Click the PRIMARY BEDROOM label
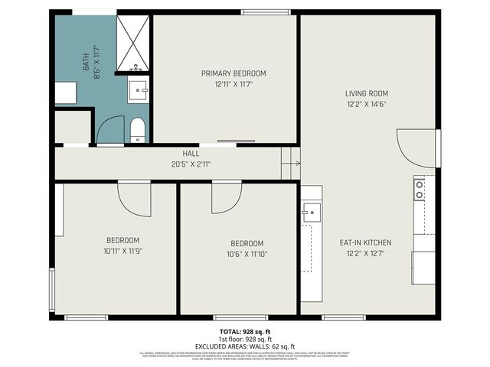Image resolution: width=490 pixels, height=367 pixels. click(234, 73)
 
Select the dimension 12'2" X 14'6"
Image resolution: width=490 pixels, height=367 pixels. click(366, 104)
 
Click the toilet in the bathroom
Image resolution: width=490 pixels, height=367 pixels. click(138, 130)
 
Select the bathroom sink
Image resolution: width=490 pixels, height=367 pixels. click(139, 89)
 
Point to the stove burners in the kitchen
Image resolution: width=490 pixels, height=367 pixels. click(419, 188)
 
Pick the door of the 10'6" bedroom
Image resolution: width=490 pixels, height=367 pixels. click(225, 197)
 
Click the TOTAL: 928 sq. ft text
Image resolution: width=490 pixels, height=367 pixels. click(244, 332)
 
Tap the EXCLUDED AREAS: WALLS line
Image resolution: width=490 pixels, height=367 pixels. click(244, 346)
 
